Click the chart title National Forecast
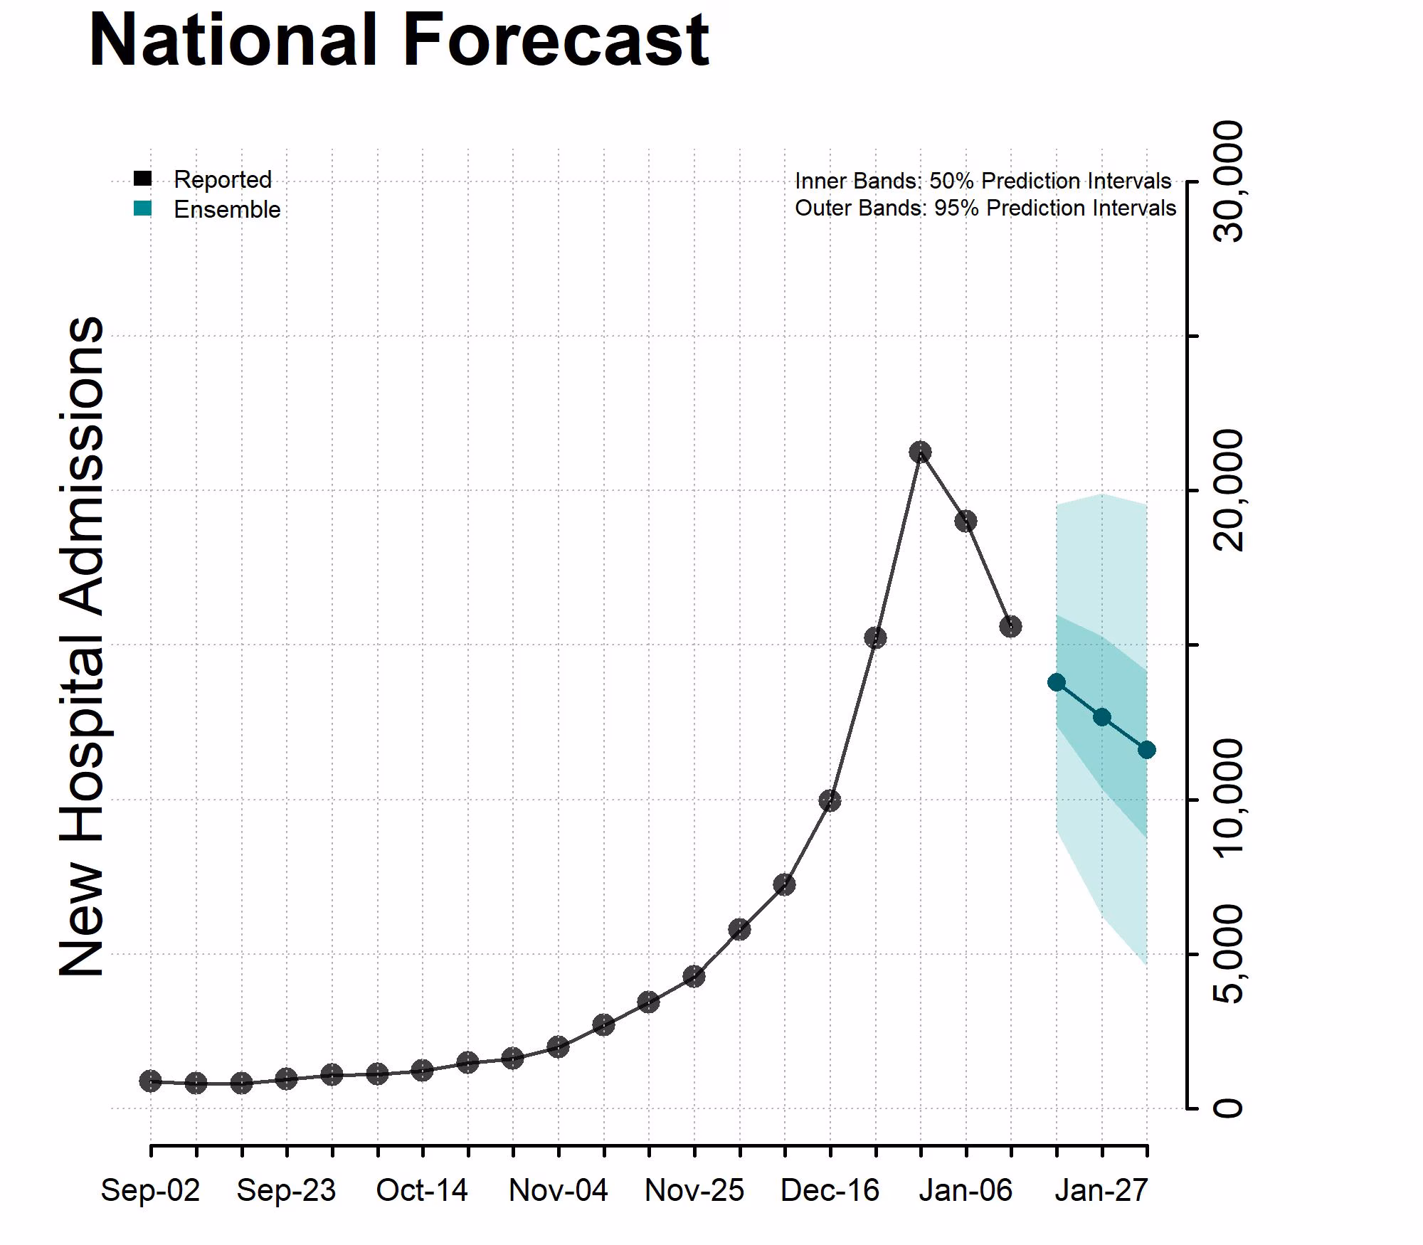tap(398, 41)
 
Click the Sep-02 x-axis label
tap(150, 1190)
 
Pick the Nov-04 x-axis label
tap(558, 1190)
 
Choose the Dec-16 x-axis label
tap(830, 1190)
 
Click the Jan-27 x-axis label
tap(1101, 1190)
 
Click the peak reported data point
tap(921, 452)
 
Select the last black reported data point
tap(1010, 626)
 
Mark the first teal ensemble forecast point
tap(1057, 682)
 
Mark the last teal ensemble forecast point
tap(1146, 750)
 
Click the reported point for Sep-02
tap(150, 1081)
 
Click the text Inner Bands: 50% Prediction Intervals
tap(983, 181)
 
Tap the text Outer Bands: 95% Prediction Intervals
tap(985, 208)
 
